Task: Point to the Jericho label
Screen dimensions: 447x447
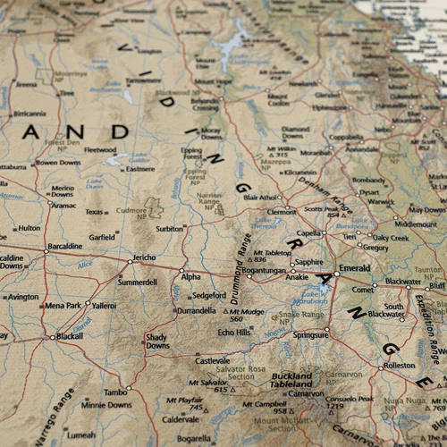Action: [144, 257]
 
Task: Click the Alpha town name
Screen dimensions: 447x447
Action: [191, 277]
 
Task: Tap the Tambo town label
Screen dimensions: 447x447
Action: [114, 392]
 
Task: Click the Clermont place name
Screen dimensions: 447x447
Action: [282, 212]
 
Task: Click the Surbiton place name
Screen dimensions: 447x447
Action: [169, 229]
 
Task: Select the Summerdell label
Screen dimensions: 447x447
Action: [138, 282]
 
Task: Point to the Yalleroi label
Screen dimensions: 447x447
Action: [104, 305]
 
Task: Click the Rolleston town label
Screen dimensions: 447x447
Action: [400, 366]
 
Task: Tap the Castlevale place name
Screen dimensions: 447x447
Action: [213, 360]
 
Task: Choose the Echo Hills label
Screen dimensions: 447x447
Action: [234, 332]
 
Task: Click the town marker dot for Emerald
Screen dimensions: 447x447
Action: [336, 273]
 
